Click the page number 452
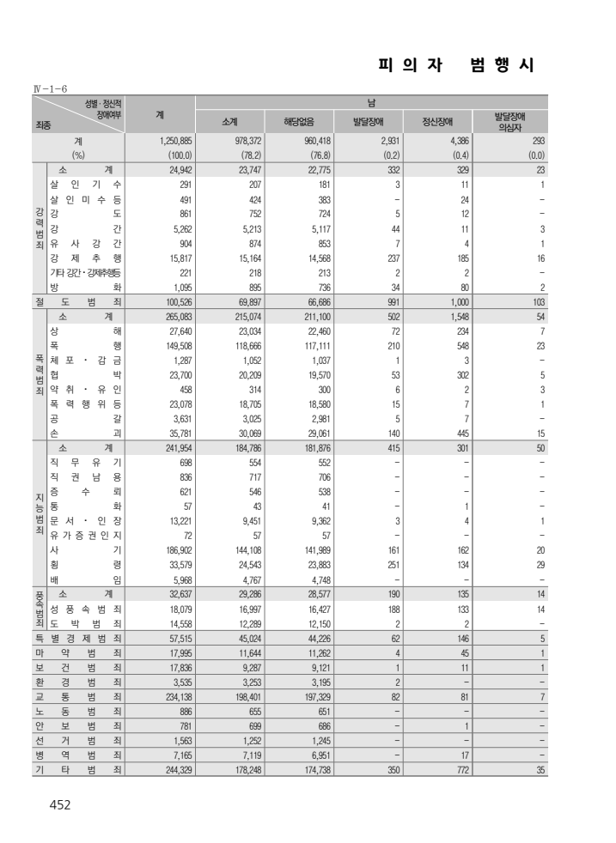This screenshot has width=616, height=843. point(60,804)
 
